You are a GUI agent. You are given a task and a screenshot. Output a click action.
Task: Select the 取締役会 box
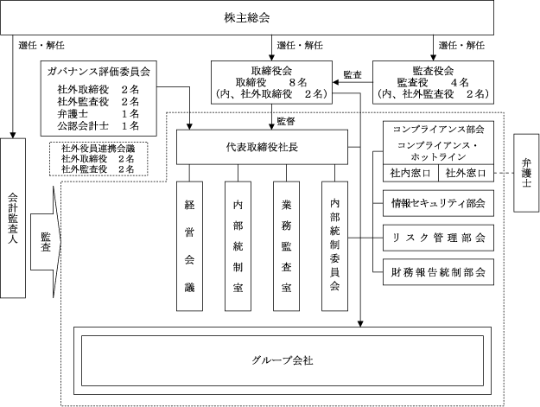[x=270, y=81]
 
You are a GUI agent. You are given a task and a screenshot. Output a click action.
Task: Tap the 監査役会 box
[x=433, y=81]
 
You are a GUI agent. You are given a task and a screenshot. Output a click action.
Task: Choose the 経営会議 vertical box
[x=189, y=245]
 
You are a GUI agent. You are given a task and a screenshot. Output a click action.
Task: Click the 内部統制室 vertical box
[x=238, y=245]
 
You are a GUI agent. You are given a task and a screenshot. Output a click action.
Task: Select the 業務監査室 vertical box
[x=286, y=245]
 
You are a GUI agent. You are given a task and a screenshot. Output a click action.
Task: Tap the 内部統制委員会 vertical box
[x=334, y=245]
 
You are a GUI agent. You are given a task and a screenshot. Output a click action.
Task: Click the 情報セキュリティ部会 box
[x=438, y=205]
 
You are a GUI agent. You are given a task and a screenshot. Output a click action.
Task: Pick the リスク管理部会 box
[x=438, y=238]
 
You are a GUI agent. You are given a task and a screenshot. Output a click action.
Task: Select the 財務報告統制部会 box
[x=438, y=271]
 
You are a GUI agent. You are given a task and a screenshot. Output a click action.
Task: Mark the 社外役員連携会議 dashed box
[x=98, y=158]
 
